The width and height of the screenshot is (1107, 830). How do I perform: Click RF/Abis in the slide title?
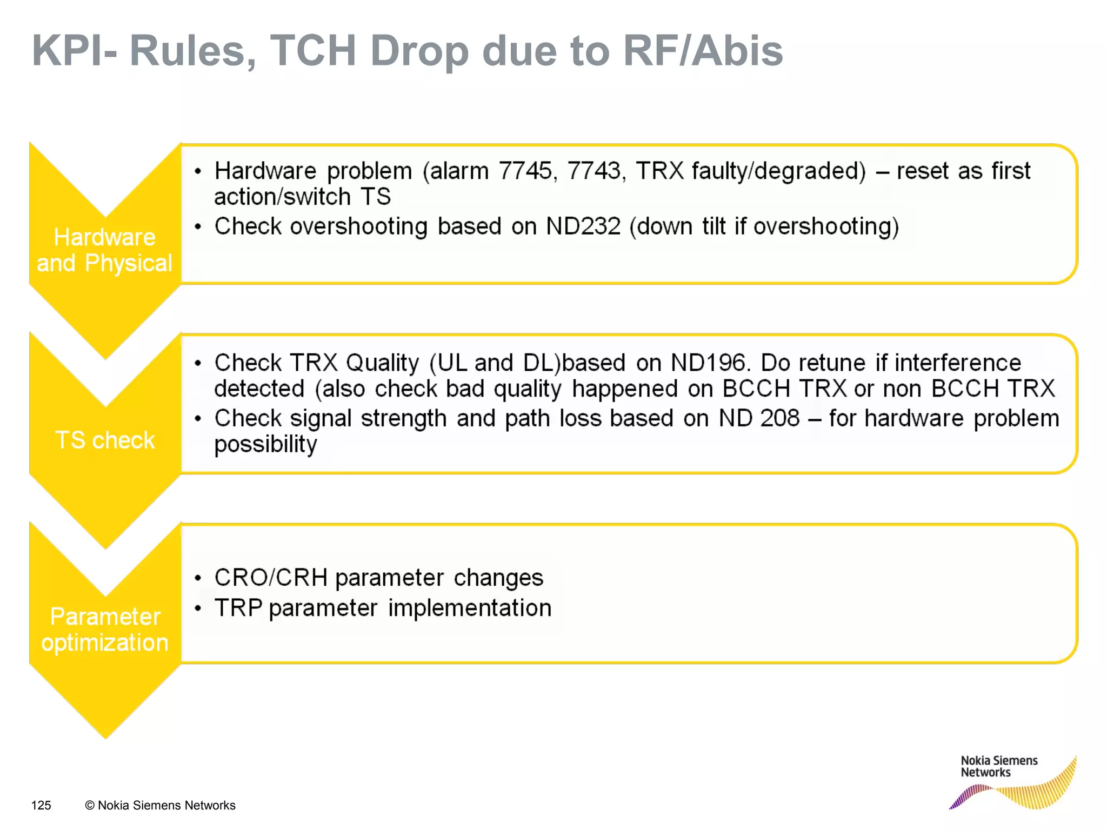(x=703, y=51)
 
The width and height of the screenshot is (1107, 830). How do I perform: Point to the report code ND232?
(x=583, y=226)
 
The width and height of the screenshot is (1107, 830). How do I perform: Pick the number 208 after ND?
(x=779, y=418)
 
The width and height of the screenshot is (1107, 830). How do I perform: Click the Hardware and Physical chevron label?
(x=104, y=250)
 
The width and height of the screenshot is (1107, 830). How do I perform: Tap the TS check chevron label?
(x=105, y=440)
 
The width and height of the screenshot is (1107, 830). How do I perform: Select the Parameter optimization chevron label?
(x=105, y=630)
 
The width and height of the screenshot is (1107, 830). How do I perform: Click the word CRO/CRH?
(x=271, y=578)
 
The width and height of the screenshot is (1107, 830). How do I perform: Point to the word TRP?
(x=238, y=608)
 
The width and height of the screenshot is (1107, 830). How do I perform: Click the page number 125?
(x=41, y=805)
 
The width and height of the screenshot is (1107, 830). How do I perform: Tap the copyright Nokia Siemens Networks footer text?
(x=161, y=805)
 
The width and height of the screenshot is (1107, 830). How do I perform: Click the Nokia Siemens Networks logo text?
(x=998, y=766)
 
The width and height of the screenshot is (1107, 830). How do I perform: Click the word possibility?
(x=265, y=445)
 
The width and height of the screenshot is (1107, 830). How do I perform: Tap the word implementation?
(x=470, y=608)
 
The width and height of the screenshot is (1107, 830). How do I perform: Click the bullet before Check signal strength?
(x=198, y=419)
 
